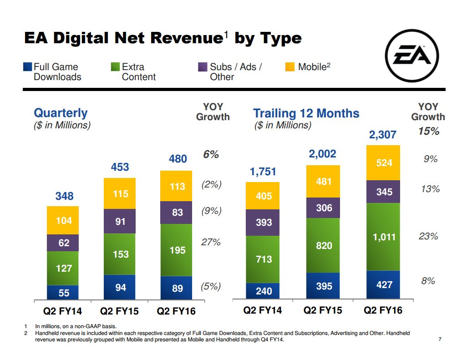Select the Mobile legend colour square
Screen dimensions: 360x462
click(289, 67)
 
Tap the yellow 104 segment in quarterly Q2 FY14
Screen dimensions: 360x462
click(63, 220)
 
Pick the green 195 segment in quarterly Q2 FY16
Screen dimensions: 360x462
click(178, 250)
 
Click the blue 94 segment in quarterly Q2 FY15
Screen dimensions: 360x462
click(120, 288)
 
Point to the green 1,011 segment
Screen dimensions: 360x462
click(384, 237)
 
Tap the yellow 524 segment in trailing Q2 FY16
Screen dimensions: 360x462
click(384, 162)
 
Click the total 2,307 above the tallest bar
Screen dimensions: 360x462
click(383, 135)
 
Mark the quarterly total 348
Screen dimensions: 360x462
click(64, 196)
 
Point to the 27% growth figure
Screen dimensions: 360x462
click(211, 242)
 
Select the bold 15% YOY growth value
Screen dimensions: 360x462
click(428, 132)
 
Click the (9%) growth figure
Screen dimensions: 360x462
click(211, 211)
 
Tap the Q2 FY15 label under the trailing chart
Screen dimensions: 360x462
click(322, 310)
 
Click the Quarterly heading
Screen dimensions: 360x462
click(61, 112)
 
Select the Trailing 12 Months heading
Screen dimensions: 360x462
click(306, 113)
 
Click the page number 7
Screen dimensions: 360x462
click(440, 339)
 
